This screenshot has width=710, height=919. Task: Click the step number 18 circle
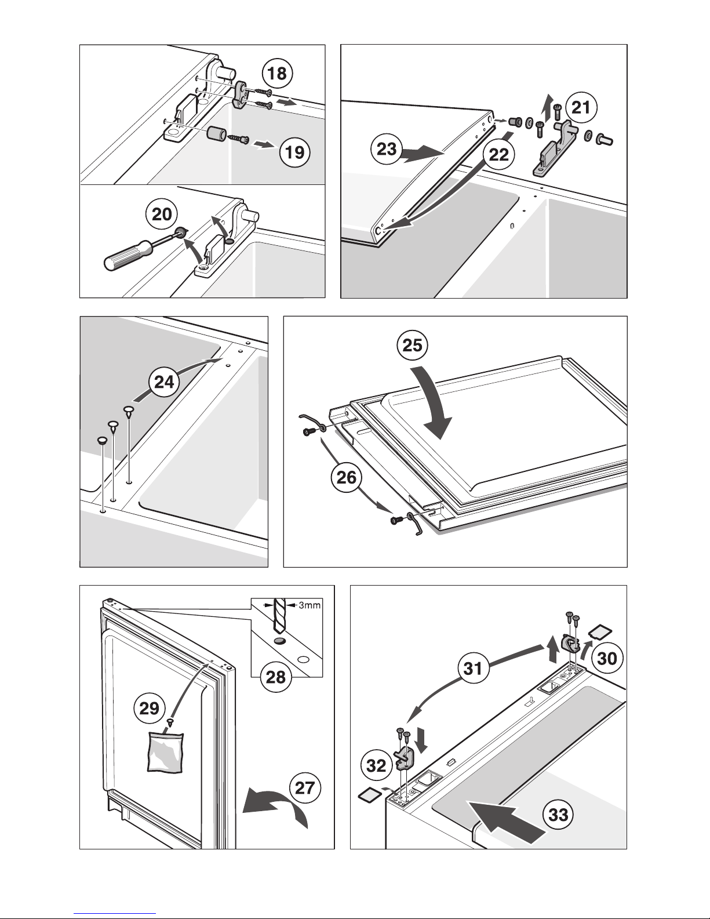click(x=278, y=74)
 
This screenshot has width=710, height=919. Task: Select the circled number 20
click(x=162, y=215)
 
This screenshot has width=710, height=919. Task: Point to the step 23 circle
click(x=385, y=150)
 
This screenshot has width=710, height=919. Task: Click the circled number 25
click(x=412, y=346)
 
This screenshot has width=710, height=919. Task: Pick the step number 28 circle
click(x=276, y=677)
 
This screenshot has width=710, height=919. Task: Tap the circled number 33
click(x=558, y=815)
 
